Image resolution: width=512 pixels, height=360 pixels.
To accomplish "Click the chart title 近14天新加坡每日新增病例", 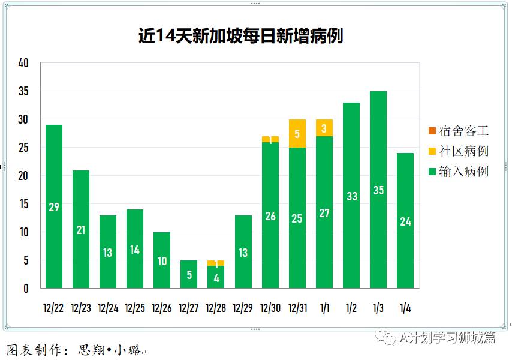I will point(240,36).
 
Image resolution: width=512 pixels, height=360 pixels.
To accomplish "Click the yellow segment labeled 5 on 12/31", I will point(297,134).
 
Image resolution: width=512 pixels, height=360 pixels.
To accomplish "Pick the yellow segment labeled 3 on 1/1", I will point(324,128).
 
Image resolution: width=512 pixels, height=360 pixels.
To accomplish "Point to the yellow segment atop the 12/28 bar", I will point(216,263).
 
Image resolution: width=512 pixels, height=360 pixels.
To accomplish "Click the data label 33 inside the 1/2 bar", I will point(351,196).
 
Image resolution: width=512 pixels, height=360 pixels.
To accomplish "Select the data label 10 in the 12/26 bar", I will point(162,261).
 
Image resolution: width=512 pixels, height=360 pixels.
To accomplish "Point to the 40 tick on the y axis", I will point(24,63).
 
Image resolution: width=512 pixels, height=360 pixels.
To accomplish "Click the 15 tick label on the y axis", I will point(24,204).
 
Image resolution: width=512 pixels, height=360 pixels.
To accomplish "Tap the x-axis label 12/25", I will point(135,308).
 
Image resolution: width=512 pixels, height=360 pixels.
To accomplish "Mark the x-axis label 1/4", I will point(405,308).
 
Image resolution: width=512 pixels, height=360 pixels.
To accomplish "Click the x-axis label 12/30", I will point(270,308).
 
